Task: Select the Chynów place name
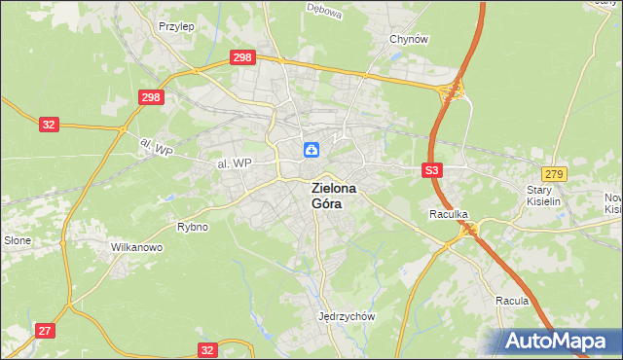coord(409,39)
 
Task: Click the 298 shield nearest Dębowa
coord(243,58)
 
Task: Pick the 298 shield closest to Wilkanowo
coord(150,97)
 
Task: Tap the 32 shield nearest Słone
coord(50,125)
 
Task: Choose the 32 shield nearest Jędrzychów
coord(206,349)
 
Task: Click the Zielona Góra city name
coord(333,196)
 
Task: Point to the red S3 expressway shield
coord(433,170)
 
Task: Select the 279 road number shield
coord(555,172)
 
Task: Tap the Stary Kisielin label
coord(546,197)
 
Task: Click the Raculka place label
coord(450,213)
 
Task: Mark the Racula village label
coord(511,301)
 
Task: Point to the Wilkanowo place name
coord(136,247)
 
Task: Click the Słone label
coord(18,239)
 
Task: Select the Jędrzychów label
coord(347,316)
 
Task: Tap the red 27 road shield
coord(45,331)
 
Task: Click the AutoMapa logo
coord(560,342)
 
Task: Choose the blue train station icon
coord(311,149)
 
